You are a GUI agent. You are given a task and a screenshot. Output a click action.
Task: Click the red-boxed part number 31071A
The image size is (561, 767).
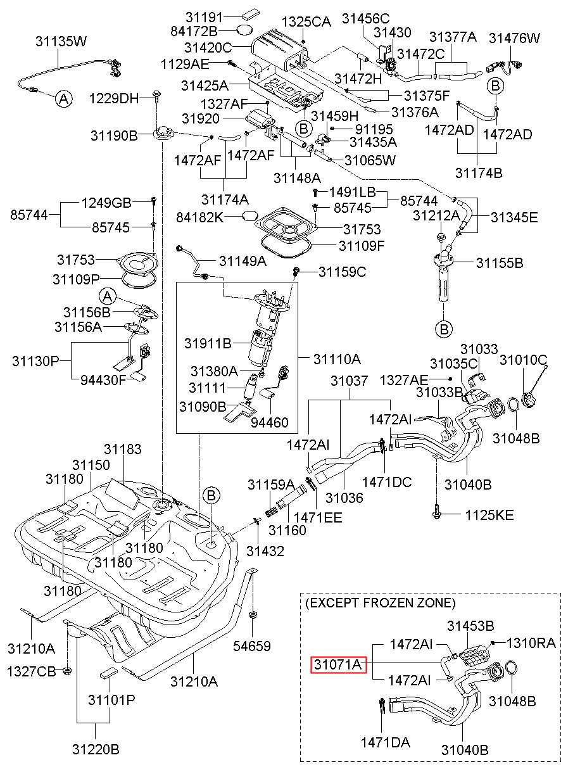point(338,665)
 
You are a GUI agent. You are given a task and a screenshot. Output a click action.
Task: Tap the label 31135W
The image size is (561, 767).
point(61,41)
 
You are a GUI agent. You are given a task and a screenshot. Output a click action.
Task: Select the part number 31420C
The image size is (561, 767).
point(208,48)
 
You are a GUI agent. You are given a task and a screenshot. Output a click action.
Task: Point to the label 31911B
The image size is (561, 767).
point(208,343)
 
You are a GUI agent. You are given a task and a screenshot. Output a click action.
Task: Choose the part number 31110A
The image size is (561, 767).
point(337,359)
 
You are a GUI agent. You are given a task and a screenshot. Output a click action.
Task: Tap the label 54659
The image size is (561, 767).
point(252,646)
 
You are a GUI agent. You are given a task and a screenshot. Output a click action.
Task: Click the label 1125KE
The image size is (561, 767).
point(489,516)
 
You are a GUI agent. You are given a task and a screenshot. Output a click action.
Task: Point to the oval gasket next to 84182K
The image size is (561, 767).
point(250,217)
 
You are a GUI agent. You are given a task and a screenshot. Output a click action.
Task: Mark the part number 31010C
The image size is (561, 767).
point(524,360)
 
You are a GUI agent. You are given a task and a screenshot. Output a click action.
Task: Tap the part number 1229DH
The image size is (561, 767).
point(114,99)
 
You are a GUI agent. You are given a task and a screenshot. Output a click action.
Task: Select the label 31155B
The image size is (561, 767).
point(500,263)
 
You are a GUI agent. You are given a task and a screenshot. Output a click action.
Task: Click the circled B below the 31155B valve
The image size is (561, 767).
point(444,329)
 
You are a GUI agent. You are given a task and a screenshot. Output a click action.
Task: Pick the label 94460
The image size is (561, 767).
point(270,422)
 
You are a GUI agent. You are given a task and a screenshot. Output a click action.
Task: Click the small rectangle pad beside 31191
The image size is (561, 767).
point(251,15)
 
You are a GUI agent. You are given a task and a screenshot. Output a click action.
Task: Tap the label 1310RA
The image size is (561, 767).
point(531,643)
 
